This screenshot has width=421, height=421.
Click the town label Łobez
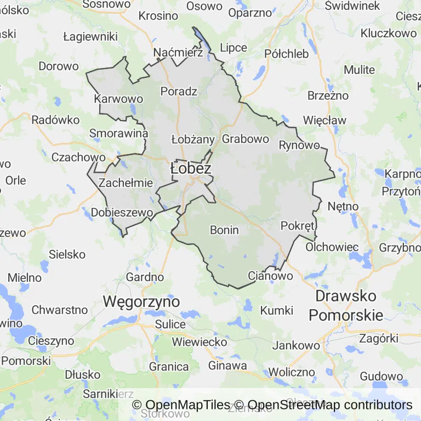[x=191, y=168]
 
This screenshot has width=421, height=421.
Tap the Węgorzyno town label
[x=141, y=301]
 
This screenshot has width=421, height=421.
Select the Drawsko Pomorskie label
[x=346, y=306]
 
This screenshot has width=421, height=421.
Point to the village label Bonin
[x=224, y=230]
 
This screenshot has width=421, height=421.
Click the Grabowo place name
[x=246, y=139]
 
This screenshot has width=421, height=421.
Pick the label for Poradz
[x=179, y=91]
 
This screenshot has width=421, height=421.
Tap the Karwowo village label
[x=118, y=99]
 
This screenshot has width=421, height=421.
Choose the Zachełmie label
[x=126, y=183]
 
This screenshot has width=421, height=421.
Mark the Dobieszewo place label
[x=121, y=212]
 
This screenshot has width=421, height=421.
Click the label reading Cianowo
[x=270, y=276]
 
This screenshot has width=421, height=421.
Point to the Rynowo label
[x=299, y=145]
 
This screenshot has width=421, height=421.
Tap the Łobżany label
[x=193, y=139]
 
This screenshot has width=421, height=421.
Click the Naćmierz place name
[x=179, y=53]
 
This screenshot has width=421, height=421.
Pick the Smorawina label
[x=119, y=133]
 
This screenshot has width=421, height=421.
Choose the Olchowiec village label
[x=332, y=247]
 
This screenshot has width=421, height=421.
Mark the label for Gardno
[x=145, y=277]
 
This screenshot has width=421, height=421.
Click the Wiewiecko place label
[x=200, y=342]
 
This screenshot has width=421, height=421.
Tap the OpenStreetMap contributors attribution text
[x=330, y=405]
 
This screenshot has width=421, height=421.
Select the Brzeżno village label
[x=328, y=95]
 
